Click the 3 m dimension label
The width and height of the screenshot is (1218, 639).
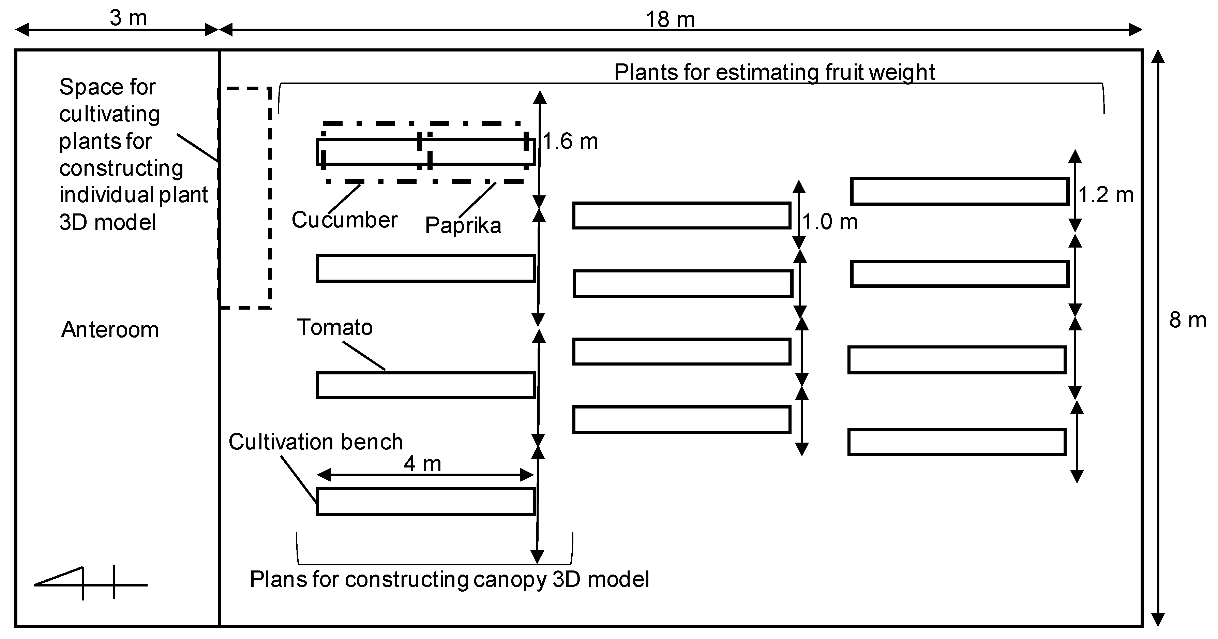[128, 18]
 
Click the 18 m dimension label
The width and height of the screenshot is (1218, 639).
[670, 20]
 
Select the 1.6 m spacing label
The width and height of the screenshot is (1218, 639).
[570, 142]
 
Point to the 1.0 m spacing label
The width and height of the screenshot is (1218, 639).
[830, 222]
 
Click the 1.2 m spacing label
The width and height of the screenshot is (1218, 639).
[1106, 195]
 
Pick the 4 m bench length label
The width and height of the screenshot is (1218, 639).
[422, 464]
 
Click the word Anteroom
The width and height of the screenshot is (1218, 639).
[110, 330]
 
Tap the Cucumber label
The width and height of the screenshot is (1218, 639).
[344, 220]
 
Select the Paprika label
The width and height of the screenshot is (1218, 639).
[463, 225]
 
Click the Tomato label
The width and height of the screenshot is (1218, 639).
[335, 327]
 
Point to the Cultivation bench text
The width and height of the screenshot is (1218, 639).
[315, 442]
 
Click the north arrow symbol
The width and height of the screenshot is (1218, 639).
[90, 583]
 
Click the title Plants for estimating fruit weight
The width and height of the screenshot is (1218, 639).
[774, 72]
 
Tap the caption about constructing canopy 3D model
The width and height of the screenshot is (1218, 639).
[449, 579]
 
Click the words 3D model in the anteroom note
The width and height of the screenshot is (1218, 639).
[107, 222]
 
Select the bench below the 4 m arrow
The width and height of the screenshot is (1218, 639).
[425, 501]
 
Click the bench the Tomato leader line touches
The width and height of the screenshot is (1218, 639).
[425, 385]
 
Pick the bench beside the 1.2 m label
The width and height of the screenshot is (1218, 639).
[959, 192]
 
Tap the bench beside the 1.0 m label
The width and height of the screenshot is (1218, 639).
[681, 216]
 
